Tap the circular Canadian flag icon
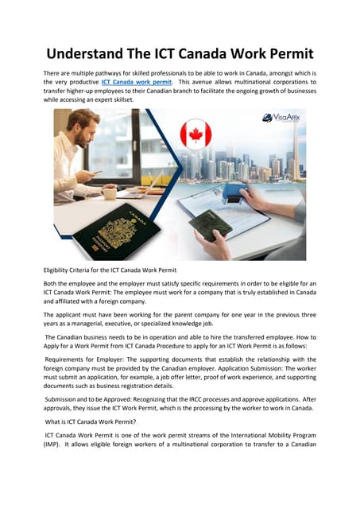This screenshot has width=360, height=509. point(195,135)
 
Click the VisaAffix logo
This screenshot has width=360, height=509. point(283,118)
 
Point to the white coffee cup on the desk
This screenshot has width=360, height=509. point(109,193)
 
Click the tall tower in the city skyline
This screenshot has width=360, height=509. point(298,143)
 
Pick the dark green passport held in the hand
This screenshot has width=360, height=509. point(211,225)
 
